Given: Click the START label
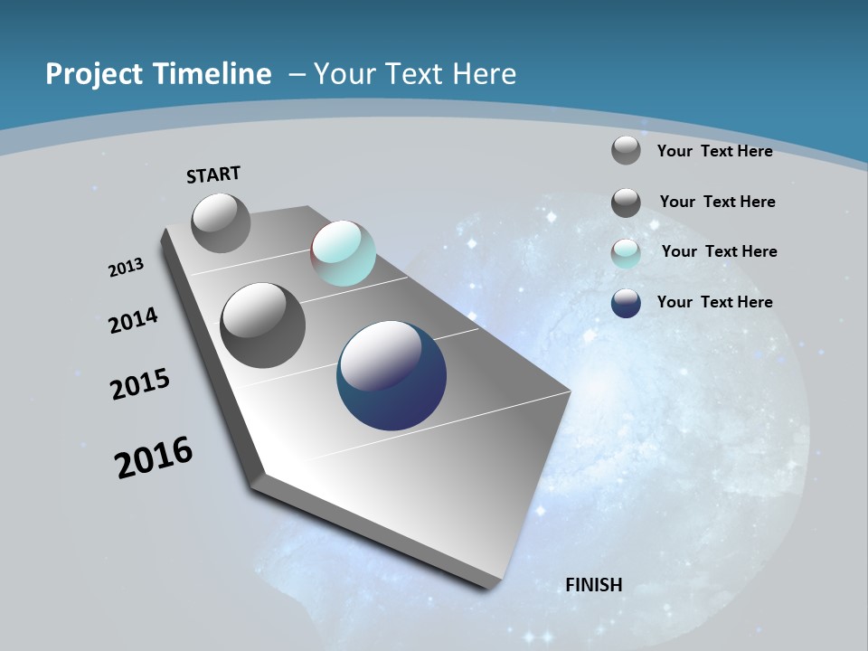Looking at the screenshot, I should [x=213, y=175].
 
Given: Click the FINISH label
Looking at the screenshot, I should [x=594, y=585].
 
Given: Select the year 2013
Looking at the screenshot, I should [x=127, y=267].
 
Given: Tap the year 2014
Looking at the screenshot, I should [x=134, y=320].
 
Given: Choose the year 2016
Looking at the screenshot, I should [x=154, y=458].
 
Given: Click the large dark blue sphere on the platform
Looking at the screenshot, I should [x=392, y=375].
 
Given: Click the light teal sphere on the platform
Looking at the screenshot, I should [x=343, y=253].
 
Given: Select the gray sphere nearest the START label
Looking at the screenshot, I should [x=221, y=222].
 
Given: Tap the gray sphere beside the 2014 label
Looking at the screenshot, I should [x=262, y=325].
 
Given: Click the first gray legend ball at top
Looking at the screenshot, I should [x=626, y=150].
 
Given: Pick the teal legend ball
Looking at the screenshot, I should [x=626, y=253].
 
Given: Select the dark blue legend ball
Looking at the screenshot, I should [x=626, y=303].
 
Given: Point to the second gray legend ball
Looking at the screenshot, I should [x=626, y=203].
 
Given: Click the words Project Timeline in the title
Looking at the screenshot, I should [x=158, y=74].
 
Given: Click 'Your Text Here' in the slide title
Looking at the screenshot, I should [x=414, y=74].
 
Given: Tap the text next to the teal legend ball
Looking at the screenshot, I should [x=719, y=251].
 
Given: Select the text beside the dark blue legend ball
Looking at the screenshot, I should [x=714, y=302].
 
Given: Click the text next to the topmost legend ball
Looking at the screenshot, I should [x=714, y=151].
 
